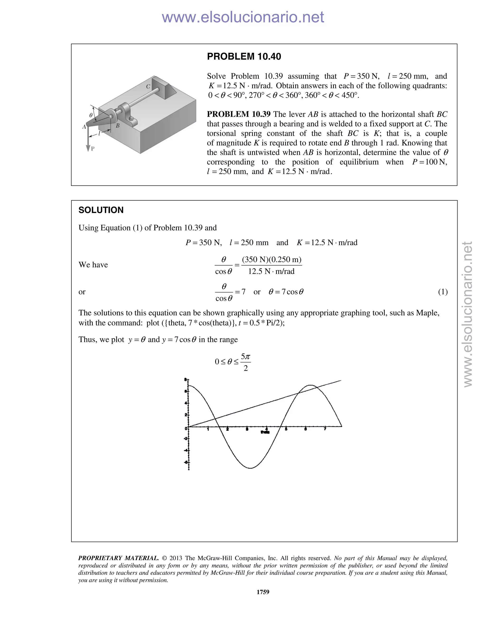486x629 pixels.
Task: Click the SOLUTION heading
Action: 101,210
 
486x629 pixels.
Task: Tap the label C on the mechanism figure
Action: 148,86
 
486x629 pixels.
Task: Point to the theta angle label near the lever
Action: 91,115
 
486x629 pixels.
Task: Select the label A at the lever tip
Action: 84,127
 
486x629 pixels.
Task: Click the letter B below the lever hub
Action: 117,126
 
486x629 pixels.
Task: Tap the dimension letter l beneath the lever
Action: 99,133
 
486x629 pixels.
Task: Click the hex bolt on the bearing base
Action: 131,118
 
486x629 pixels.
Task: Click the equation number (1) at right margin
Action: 443,292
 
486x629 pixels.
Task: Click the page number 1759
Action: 263,592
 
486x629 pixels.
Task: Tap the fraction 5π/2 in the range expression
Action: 245,362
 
